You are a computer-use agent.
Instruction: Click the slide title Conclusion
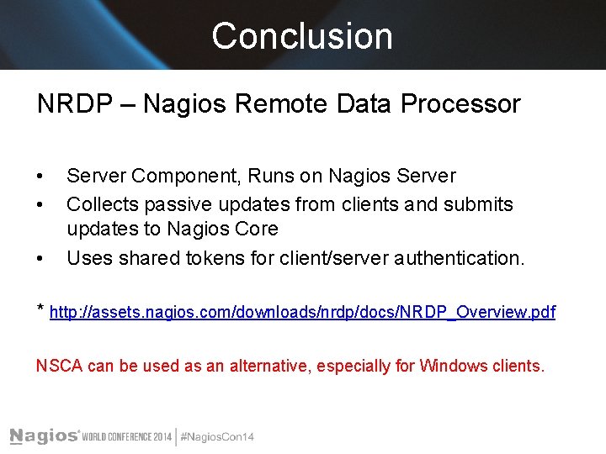point(302,36)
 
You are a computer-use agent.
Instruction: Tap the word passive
point(174,204)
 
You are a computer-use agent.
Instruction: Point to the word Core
point(258,229)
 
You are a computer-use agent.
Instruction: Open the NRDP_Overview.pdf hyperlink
point(303,313)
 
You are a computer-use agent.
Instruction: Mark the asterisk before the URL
point(40,309)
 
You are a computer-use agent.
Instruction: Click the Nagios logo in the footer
point(44,436)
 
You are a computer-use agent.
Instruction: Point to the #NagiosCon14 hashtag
point(217,436)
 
